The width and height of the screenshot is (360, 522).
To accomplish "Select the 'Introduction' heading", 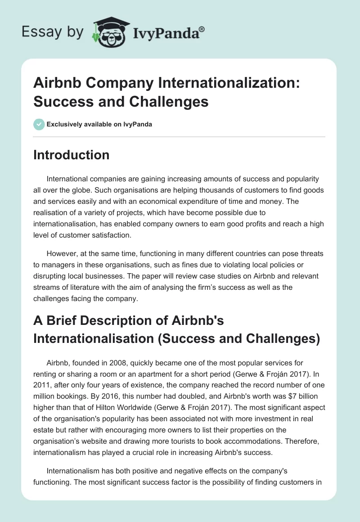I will (x=71, y=155).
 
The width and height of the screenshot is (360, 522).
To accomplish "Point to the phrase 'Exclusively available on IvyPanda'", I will (x=99, y=124).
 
